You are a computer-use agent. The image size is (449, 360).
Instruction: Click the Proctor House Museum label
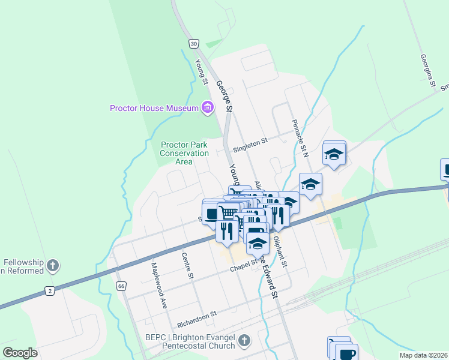tap(154, 109)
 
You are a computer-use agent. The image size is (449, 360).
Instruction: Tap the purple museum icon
tap(208, 108)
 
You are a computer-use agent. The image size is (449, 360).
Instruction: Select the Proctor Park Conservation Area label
tap(184, 153)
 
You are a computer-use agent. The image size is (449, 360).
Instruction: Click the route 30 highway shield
tap(193, 43)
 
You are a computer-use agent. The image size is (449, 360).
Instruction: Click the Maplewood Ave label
tap(158, 284)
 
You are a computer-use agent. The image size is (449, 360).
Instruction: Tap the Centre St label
tap(187, 266)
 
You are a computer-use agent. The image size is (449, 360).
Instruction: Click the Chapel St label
tap(243, 265)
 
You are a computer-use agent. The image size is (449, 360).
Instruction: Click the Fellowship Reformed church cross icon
tap(53, 265)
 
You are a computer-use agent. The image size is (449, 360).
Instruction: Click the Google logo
tap(20, 353)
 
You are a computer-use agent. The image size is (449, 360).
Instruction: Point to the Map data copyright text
tap(423, 355)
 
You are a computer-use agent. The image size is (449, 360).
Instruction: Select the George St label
tap(223, 97)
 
